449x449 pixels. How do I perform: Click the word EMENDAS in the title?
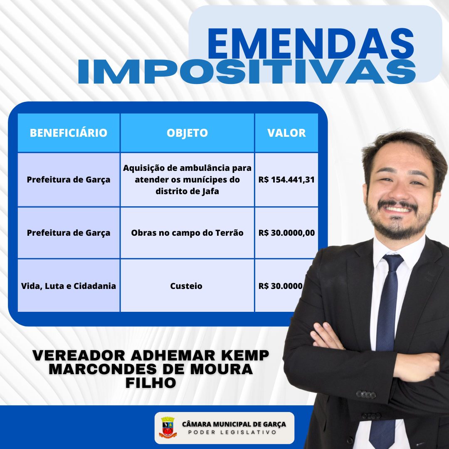click(x=311, y=43)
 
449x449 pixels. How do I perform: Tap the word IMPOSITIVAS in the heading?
click(x=247, y=72)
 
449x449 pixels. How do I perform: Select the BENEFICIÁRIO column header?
click(x=69, y=133)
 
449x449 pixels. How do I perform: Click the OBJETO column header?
click(x=187, y=133)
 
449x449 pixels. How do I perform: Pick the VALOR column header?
click(x=286, y=133)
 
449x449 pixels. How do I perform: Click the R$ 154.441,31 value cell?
click(x=286, y=180)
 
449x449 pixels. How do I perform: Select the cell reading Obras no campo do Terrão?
click(x=187, y=233)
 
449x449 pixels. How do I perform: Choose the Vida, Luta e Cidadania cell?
click(x=69, y=286)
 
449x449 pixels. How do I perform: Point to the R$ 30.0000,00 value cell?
click(x=286, y=233)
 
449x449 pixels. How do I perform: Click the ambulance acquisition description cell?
click(x=187, y=180)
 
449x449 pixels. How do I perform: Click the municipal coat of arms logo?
click(x=168, y=427)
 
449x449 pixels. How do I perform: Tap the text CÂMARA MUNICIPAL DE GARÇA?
click(x=234, y=424)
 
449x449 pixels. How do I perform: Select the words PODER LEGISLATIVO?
click(x=232, y=432)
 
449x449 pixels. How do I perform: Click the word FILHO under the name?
click(x=151, y=383)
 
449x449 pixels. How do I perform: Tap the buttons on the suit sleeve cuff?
click(x=366, y=395)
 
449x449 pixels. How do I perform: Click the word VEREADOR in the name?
click(x=79, y=355)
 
